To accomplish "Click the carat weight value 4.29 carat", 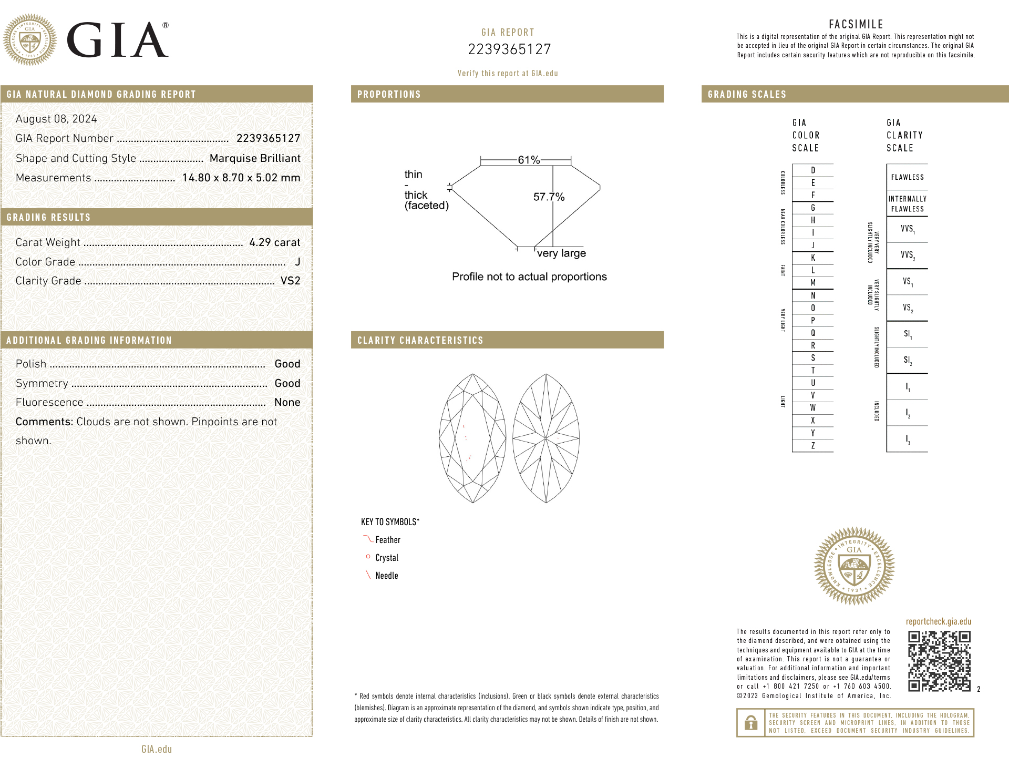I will tap(274, 242).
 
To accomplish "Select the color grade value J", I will tap(297, 262).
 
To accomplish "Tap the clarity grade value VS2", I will tap(290, 281).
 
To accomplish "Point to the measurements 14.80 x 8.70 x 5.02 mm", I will tap(241, 178).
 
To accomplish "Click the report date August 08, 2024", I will tap(56, 119).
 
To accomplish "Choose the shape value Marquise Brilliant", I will tap(255, 158).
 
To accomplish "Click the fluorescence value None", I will tap(287, 402).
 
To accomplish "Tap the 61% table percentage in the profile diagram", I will tap(529, 160).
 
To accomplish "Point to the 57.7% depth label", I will tap(549, 197).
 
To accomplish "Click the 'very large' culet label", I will tap(561, 253).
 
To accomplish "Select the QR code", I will tap(939, 661).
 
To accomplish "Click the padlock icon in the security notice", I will tap(751, 723).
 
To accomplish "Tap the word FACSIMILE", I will tap(856, 24).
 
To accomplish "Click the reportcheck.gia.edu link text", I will tap(938, 621).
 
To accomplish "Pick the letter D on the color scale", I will tap(813, 170).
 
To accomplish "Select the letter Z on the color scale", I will tap(813, 446).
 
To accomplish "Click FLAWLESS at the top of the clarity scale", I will tap(907, 177).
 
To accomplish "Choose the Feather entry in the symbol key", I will tap(387, 540).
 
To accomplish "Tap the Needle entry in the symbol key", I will tap(386, 576).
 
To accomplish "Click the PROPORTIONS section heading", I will tap(389, 95).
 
